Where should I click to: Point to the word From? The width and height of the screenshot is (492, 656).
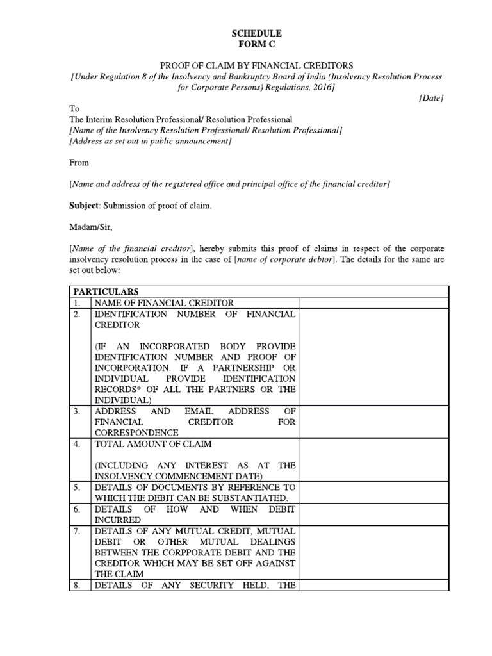(79, 163)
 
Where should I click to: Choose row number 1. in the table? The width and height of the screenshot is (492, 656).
(77, 302)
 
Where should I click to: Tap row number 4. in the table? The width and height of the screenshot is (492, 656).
(77, 444)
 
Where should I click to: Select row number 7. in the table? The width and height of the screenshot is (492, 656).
(77, 530)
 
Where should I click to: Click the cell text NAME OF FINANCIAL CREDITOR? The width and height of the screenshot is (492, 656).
(164, 302)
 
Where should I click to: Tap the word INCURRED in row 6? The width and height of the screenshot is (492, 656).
(118, 520)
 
